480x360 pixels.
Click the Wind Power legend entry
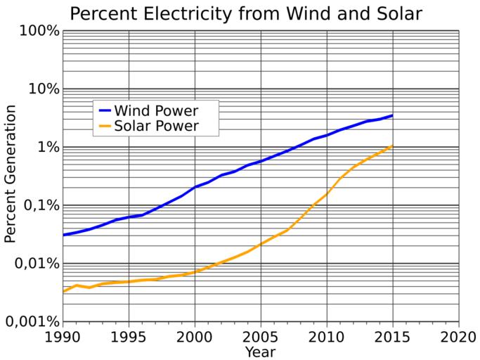[x=156, y=110]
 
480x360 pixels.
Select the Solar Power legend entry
[x=156, y=127]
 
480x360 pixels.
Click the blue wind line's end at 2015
[x=392, y=115]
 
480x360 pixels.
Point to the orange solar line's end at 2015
[x=392, y=146]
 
